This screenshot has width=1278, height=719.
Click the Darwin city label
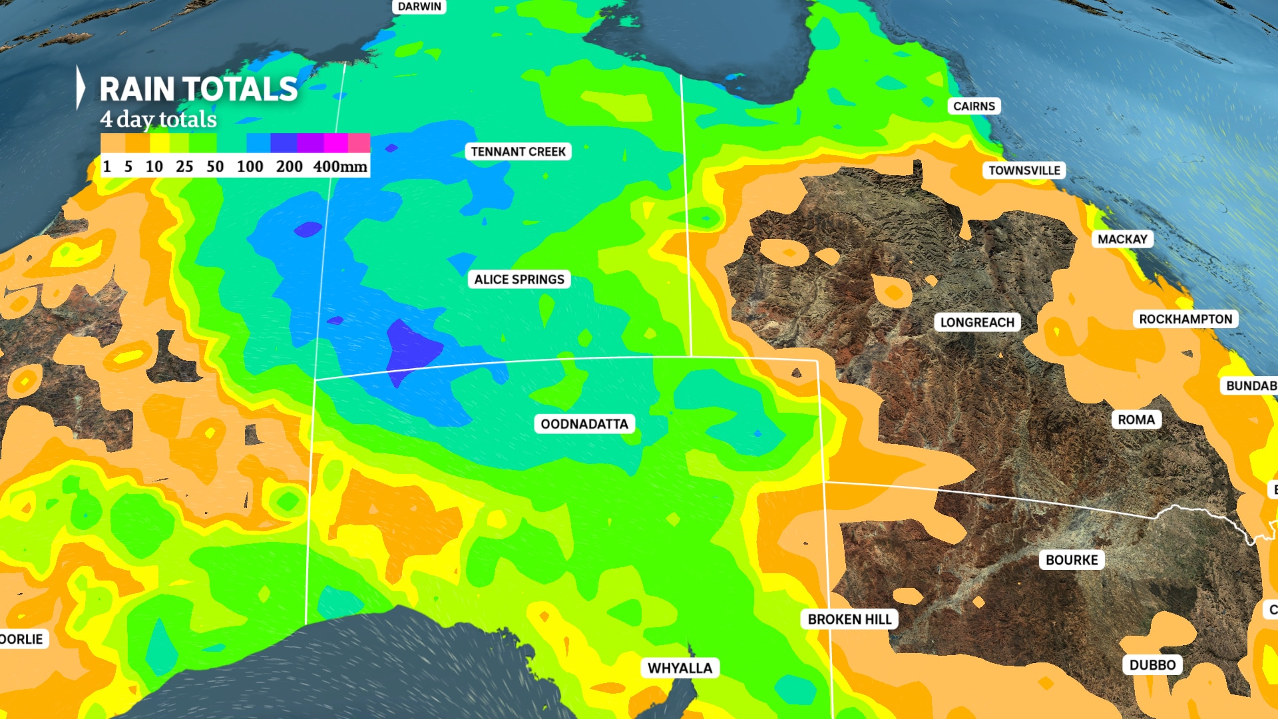tap(419, 7)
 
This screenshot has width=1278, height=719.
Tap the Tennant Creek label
tap(518, 152)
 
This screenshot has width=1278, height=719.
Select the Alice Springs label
tap(519, 280)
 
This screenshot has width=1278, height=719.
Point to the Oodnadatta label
tap(584, 424)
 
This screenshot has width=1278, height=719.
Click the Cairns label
tap(974, 107)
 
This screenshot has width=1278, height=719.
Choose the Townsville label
tap(1024, 170)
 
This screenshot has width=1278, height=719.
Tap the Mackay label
tap(1122, 240)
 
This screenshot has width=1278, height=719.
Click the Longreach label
tap(977, 323)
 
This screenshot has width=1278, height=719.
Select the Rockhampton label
tap(1185, 320)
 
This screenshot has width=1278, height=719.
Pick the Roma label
tap(1136, 420)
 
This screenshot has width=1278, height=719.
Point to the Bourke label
tap(1072, 560)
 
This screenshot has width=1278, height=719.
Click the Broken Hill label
tap(849, 620)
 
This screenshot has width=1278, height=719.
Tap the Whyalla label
tap(680, 668)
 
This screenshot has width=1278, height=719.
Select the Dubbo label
tap(1152, 665)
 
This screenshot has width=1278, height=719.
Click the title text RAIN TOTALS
tap(198, 89)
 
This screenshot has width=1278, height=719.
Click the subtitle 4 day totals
tap(158, 120)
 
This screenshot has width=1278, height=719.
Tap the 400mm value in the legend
tap(340, 166)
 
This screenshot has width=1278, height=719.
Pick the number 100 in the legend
tap(250, 166)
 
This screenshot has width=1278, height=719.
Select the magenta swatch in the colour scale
tap(336, 143)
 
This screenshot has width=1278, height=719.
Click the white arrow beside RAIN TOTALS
tap(81, 87)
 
